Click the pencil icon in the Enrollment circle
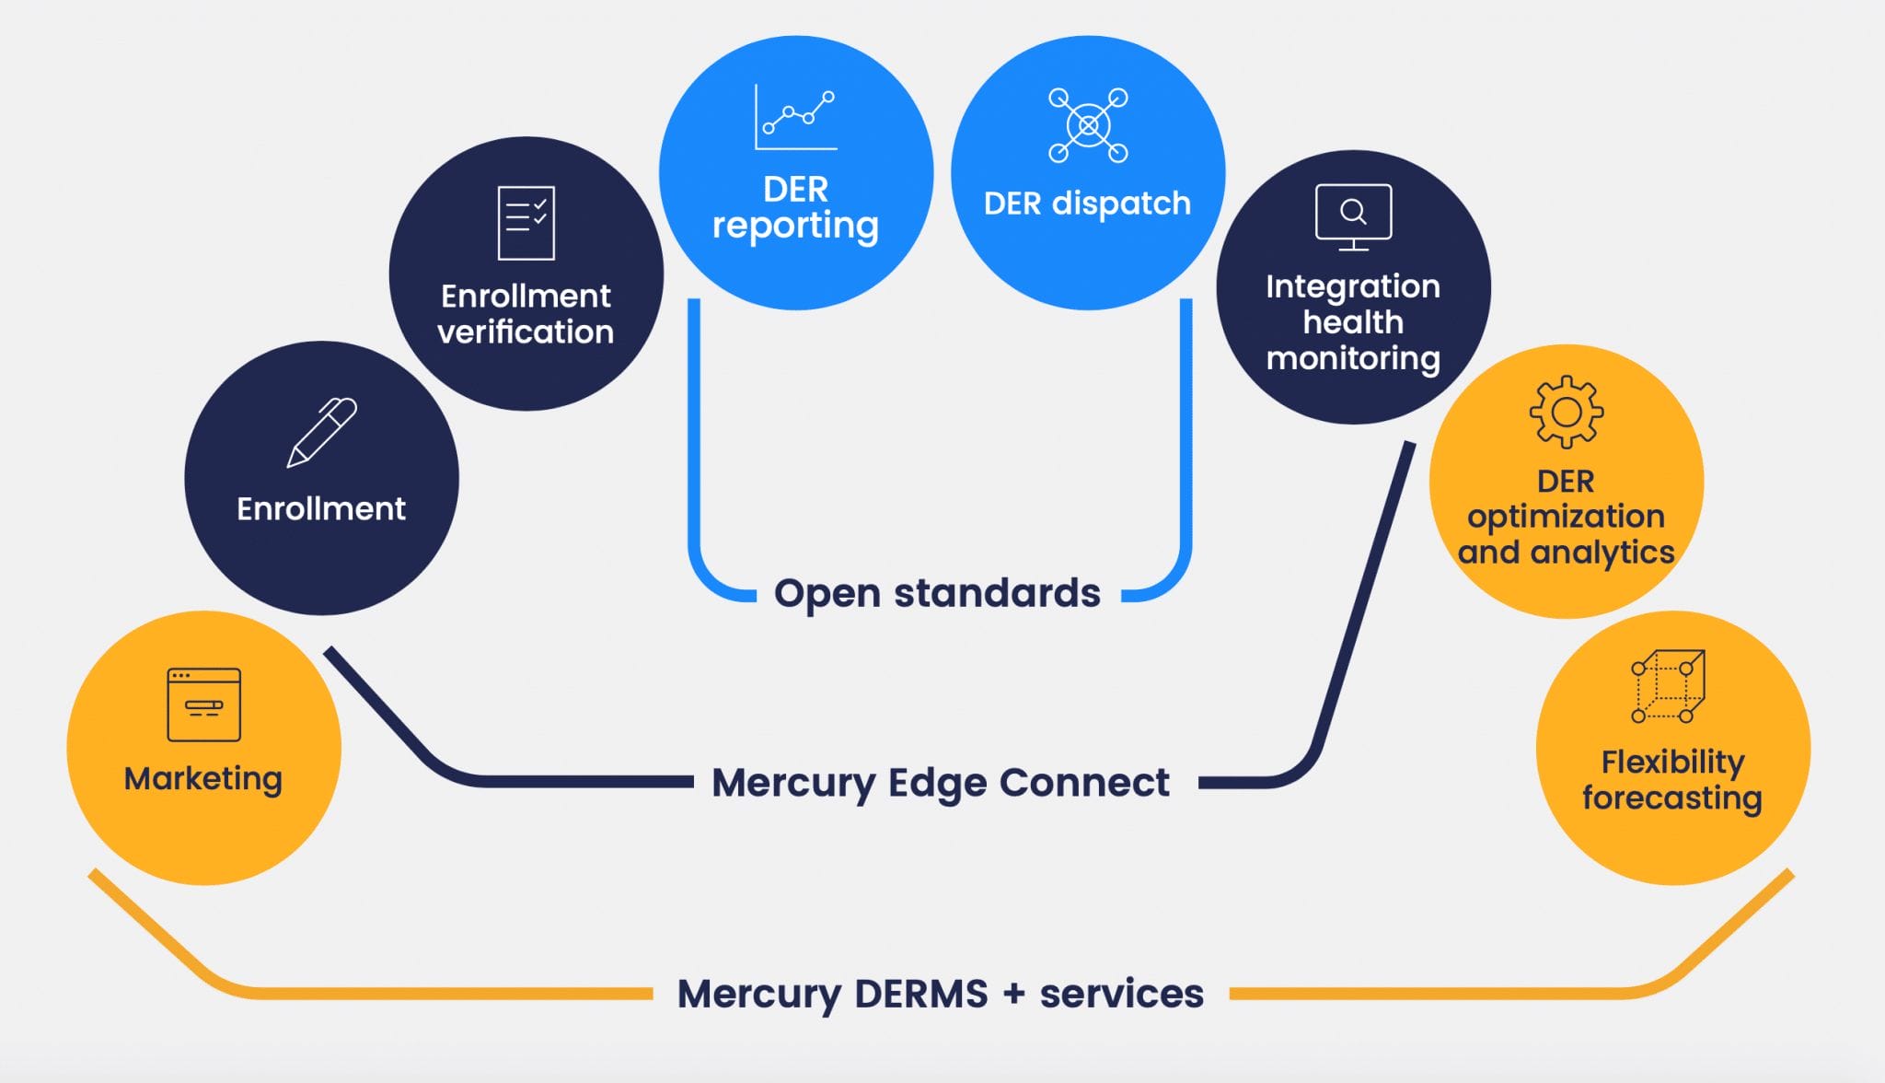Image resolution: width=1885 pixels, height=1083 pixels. (x=321, y=432)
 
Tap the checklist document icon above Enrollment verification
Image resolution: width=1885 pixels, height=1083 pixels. (x=526, y=223)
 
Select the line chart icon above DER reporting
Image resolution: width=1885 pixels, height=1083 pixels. (x=795, y=118)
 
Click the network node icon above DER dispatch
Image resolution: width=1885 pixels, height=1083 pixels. (x=1088, y=125)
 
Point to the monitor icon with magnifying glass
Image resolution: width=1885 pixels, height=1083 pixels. (x=1353, y=216)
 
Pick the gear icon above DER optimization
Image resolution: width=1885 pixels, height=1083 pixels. (x=1566, y=412)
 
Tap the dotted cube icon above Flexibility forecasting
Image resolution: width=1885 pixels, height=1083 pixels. (x=1668, y=687)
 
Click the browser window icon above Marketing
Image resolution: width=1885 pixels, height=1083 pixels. (x=203, y=705)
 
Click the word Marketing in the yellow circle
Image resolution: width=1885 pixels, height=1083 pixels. (x=203, y=779)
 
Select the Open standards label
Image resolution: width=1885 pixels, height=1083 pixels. (x=937, y=593)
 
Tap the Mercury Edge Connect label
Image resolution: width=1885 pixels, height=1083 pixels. (x=940, y=783)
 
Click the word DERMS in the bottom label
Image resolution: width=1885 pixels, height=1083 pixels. (x=920, y=994)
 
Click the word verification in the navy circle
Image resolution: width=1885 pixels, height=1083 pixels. (x=526, y=332)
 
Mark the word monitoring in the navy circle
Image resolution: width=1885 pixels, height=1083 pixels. (x=1353, y=358)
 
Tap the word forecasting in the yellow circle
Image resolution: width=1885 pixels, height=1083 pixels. (x=1671, y=798)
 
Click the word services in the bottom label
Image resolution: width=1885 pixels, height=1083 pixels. (x=1121, y=994)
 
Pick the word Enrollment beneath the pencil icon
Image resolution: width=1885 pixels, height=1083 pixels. (x=321, y=508)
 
